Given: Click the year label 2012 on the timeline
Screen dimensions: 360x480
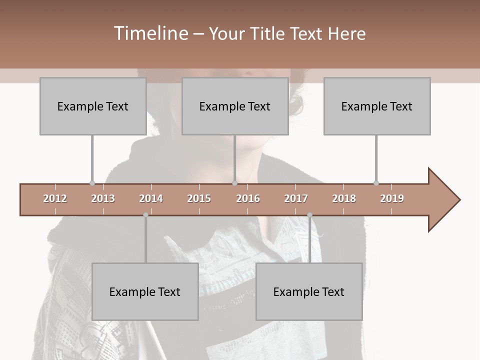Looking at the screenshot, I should point(55,198).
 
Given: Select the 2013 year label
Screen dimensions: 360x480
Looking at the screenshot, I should point(103,198).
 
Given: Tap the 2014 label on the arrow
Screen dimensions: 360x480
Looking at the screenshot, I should point(151,198).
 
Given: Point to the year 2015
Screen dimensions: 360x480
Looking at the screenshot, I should point(199,198).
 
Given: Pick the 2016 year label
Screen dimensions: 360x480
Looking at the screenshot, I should point(248,198).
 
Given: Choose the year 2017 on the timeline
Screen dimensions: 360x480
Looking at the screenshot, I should point(296,198).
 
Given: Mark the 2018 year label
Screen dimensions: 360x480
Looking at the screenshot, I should point(344,198).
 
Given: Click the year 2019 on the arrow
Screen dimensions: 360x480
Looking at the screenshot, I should point(392,198).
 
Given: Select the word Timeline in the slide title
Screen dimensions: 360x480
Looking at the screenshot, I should point(149,33).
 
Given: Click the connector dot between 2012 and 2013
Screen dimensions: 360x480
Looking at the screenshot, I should point(92,183).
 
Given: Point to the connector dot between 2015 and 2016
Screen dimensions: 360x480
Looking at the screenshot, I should point(234,183).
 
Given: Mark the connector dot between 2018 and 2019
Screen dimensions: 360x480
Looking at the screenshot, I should point(376,183).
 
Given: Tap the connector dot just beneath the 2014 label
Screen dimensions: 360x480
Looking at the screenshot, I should point(145,215).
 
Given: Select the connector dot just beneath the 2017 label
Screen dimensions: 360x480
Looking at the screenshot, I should point(309,215).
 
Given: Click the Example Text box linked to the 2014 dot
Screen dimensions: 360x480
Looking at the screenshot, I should point(145,291).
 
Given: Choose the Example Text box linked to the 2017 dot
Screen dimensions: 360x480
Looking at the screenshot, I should point(309,291).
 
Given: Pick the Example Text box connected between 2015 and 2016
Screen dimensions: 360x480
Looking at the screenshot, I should point(235,106).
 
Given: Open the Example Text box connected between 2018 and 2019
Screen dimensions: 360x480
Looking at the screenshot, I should point(377,106).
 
